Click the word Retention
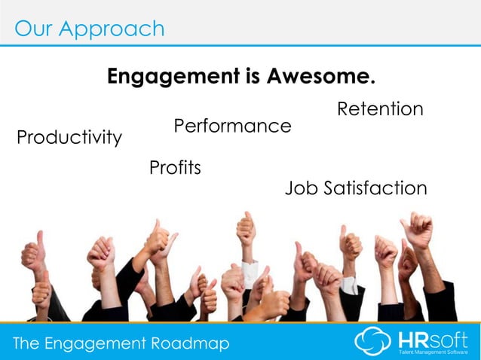pyautogui.click(x=380, y=109)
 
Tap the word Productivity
pyautogui.click(x=69, y=138)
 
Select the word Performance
pyautogui.click(x=232, y=126)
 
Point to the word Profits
pyautogui.click(x=175, y=167)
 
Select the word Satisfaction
pyautogui.click(x=375, y=188)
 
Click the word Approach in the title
pyautogui.click(x=113, y=29)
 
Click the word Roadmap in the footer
pyautogui.click(x=190, y=344)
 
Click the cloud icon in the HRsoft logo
pyautogui.click(x=373, y=341)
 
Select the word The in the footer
pyautogui.click(x=27, y=344)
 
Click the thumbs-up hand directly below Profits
pyautogui.click(x=159, y=239)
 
